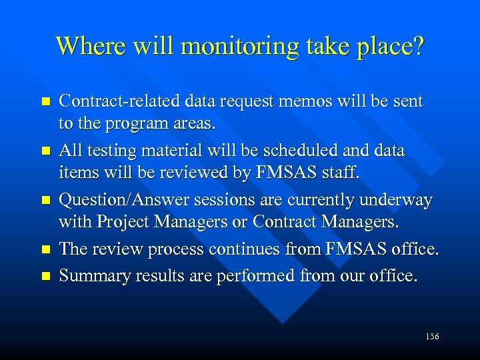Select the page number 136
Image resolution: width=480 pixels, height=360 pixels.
pyautogui.click(x=431, y=336)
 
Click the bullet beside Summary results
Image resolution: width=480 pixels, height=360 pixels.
pyautogui.click(x=45, y=274)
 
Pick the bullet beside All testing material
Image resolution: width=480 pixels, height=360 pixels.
pyautogui.click(x=45, y=151)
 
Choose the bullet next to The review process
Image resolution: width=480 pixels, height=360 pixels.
pyautogui.click(x=45, y=249)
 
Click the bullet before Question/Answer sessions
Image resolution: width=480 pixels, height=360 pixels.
pyautogui.click(x=45, y=200)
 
